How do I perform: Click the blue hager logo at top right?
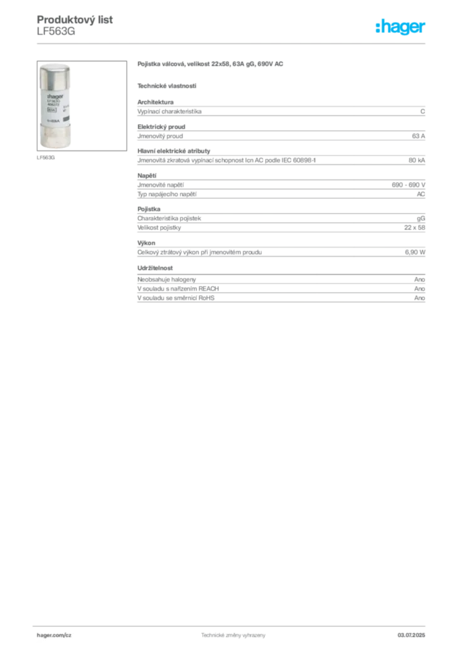[401, 28]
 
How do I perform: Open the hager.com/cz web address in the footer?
[53, 635]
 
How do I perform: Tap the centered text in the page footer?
[233, 634]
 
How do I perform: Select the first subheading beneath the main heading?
[167, 85]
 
